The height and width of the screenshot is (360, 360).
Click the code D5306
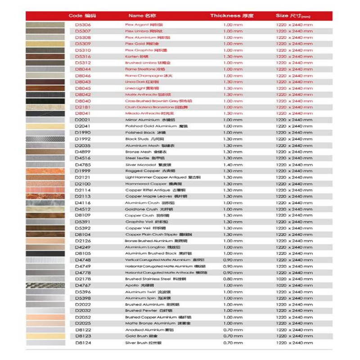[83, 25]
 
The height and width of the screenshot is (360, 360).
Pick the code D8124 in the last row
[83, 343]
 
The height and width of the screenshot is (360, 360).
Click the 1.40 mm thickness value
[233, 165]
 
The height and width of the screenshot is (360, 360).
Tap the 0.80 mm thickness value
[233, 279]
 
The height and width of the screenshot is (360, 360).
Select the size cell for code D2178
[294, 279]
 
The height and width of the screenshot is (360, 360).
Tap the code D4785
[83, 165]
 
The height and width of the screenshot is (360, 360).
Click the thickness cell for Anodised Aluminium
[233, 330]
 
